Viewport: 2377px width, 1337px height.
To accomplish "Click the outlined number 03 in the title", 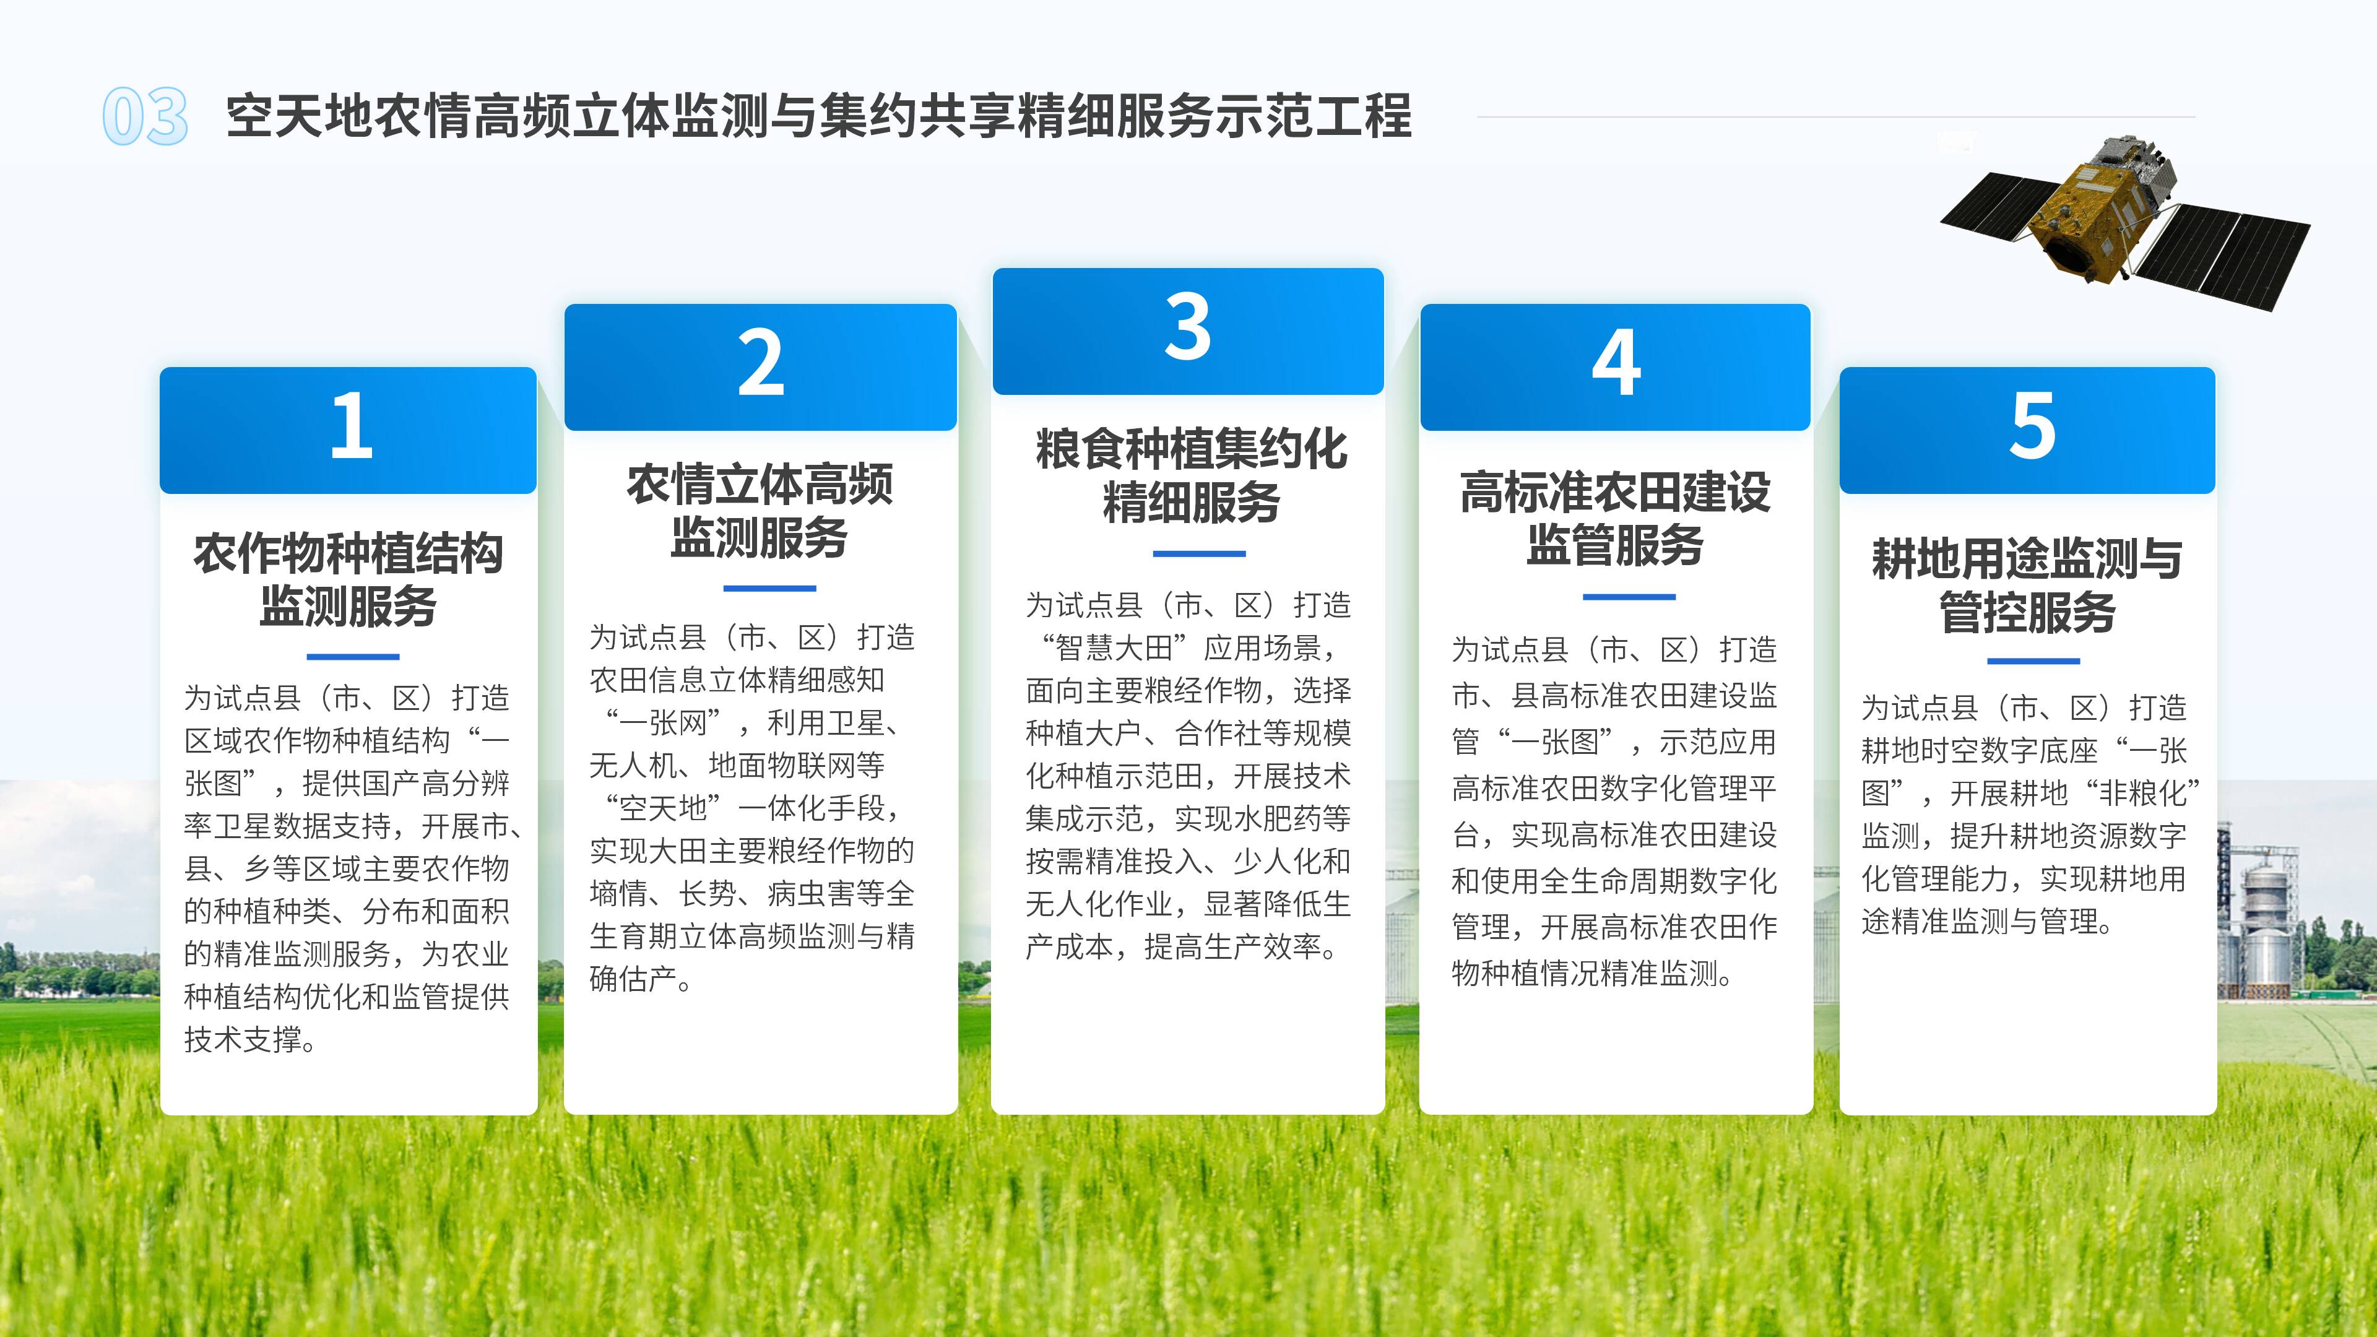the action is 145,116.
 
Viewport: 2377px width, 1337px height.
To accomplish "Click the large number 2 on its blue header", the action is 760,363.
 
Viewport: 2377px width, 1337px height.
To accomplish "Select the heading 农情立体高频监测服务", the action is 760,510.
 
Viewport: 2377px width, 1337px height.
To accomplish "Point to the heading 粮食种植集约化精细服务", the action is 1191,476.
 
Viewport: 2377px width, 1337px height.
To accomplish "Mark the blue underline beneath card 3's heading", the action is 1198,553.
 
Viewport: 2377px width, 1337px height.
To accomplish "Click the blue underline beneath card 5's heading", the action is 2033,660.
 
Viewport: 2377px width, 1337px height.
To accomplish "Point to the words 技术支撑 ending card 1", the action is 243,1040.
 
